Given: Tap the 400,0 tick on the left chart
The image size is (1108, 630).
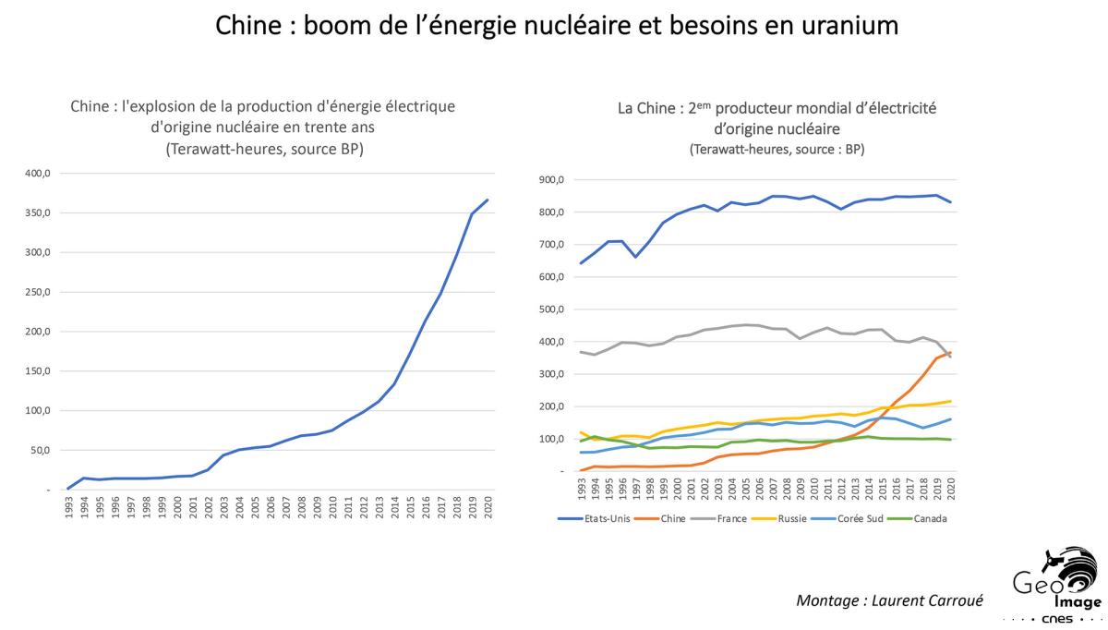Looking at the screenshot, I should coord(36,173).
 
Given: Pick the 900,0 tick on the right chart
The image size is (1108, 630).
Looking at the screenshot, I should coord(551,180).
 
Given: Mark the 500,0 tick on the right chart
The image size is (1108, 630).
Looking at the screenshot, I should coord(551,309).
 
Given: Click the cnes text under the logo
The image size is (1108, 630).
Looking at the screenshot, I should coord(1056,619).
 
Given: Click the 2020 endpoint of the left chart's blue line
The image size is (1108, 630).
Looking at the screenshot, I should coord(488,200).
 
